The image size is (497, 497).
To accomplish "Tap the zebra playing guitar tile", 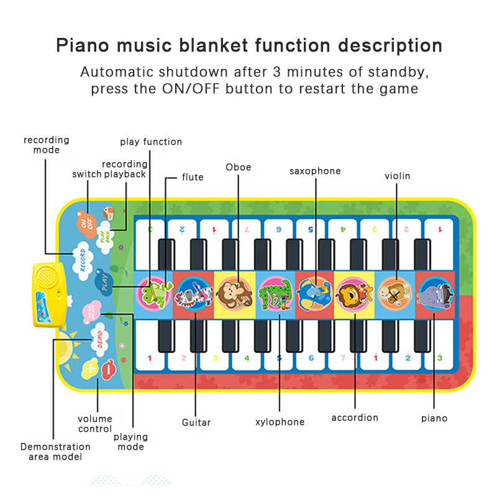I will (193, 291).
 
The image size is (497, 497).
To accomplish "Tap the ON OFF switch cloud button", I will (86, 220).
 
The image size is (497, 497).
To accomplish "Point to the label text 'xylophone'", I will (280, 422).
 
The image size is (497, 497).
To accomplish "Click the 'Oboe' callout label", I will (239, 167).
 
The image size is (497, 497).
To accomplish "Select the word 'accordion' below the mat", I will (355, 417).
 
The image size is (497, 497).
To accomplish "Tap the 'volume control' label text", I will (95, 424).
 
